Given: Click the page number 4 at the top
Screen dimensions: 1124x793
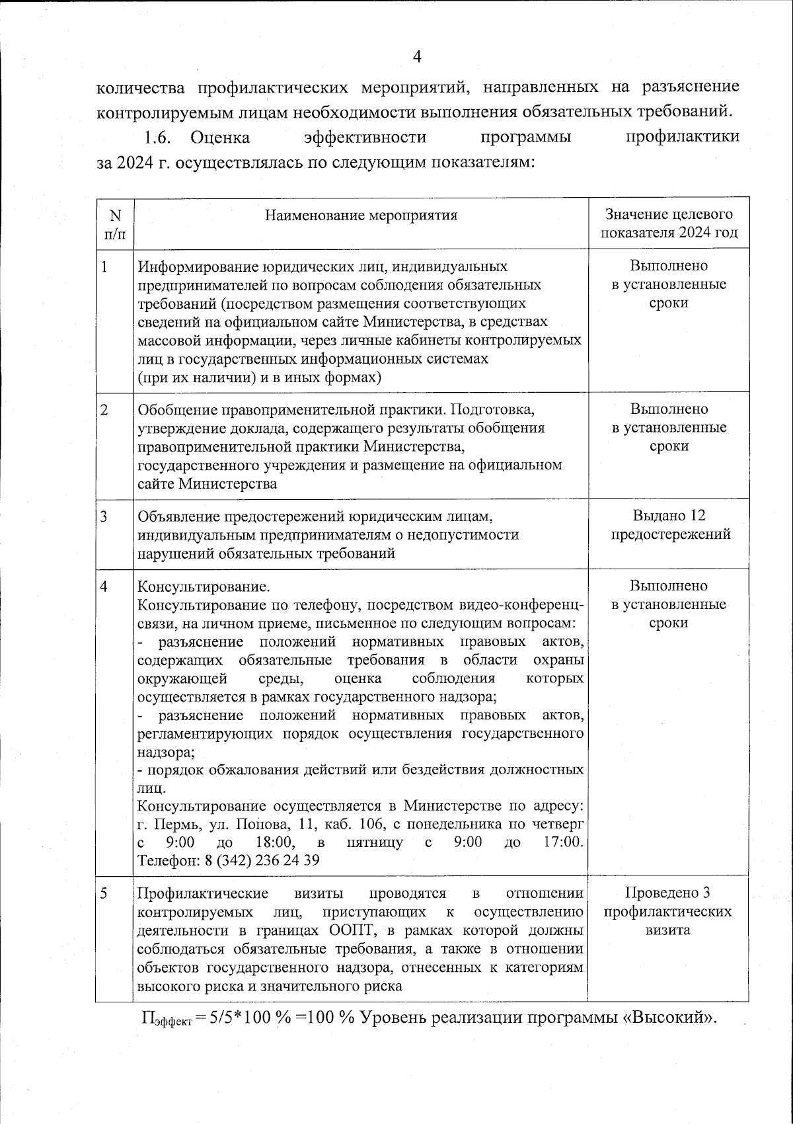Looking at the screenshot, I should point(416,57).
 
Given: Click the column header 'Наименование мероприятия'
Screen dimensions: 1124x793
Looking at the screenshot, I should point(361,215).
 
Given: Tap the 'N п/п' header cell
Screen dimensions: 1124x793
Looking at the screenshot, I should point(115,224).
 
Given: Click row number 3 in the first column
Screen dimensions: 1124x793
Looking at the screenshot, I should point(104,516).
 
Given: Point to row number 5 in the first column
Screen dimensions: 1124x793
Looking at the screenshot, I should point(104,893).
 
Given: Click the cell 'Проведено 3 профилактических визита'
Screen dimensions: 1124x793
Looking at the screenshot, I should point(667,911).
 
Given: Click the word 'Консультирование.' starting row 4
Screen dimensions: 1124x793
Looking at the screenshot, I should point(203,586).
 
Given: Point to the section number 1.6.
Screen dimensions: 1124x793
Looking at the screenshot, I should point(159,138).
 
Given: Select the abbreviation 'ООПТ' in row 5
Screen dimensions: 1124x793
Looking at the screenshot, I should point(351,930).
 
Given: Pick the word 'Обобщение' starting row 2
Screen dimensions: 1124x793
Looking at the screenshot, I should point(177,409).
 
